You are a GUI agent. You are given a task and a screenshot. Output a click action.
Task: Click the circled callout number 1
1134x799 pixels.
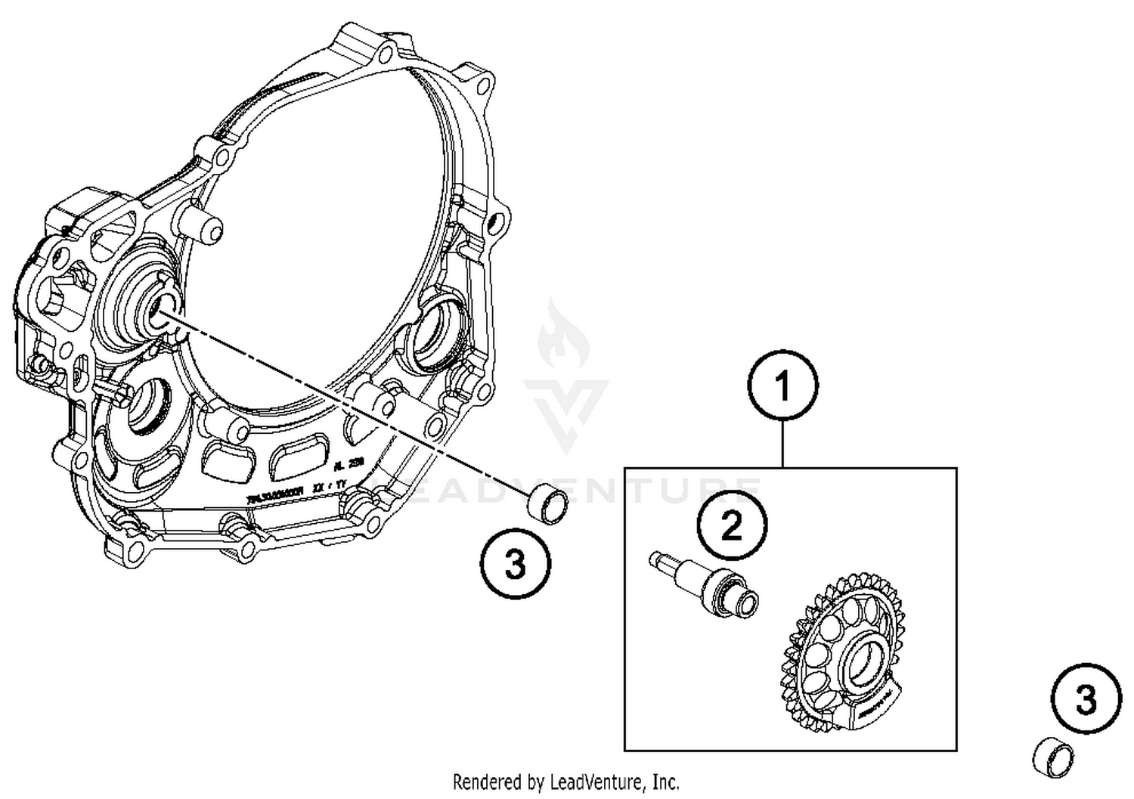point(782,386)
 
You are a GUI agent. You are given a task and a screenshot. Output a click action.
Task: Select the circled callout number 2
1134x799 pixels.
point(732,525)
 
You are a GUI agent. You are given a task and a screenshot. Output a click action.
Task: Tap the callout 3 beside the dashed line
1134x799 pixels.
point(516,563)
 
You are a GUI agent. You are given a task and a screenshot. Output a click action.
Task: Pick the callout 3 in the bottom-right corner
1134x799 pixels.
point(1086,700)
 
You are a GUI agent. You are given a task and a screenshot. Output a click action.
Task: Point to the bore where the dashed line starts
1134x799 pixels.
point(160,309)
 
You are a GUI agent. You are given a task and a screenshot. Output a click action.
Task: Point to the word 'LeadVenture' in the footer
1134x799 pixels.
point(602,781)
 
